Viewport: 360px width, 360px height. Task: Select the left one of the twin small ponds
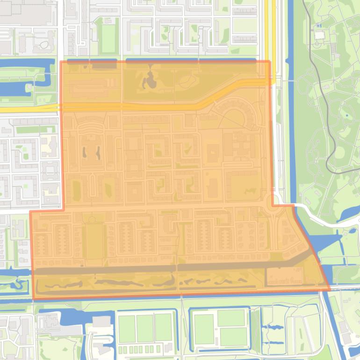pyautogui.click(x=85, y=152)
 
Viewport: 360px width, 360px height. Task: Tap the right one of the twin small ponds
pyautogui.click(x=99, y=152)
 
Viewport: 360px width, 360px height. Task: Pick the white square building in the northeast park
pyautogui.click(x=319, y=35)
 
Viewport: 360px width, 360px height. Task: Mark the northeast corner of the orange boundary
pyautogui.click(x=269, y=61)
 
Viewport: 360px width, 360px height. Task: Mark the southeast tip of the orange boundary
pyautogui.click(x=330, y=290)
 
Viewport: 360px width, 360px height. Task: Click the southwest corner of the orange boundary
pyautogui.click(x=33, y=298)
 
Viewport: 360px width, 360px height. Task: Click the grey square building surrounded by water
pyautogui.click(x=102, y=322)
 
